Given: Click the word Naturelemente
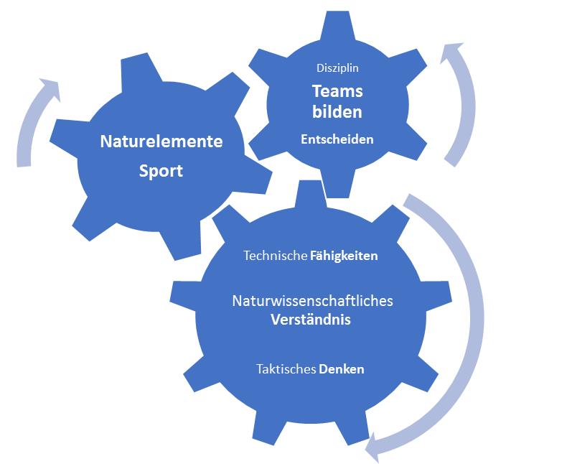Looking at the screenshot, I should [x=161, y=141].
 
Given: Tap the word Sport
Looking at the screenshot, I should [x=161, y=172].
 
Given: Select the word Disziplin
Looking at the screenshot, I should [x=337, y=68].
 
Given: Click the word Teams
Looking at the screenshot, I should [x=337, y=91].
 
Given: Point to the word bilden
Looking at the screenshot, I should [x=337, y=112].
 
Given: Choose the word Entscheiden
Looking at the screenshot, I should [x=337, y=139].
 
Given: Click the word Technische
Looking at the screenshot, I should [x=275, y=255].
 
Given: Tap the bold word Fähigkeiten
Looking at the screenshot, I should [x=344, y=255].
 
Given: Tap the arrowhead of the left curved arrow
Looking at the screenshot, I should [x=49, y=90].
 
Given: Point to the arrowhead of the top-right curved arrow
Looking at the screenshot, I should [x=452, y=53].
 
